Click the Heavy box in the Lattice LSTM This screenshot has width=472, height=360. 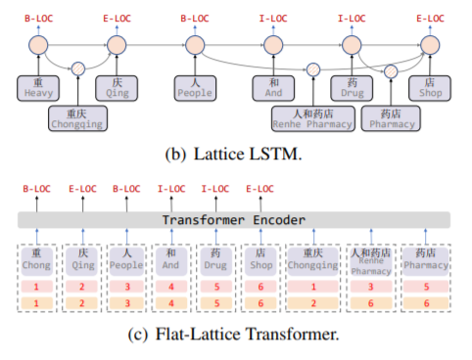[x=38, y=87]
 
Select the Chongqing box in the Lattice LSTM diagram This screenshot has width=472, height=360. [x=77, y=118]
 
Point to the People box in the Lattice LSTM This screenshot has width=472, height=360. [x=194, y=87]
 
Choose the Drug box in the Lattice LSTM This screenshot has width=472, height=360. [x=350, y=87]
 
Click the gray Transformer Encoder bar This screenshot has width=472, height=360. [x=234, y=220]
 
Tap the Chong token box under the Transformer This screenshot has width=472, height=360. [x=36, y=258]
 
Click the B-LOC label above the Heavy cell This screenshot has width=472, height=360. [x=37, y=19]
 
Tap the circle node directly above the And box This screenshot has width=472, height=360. [x=271, y=43]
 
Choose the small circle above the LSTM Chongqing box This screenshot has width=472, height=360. [x=77, y=68]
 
